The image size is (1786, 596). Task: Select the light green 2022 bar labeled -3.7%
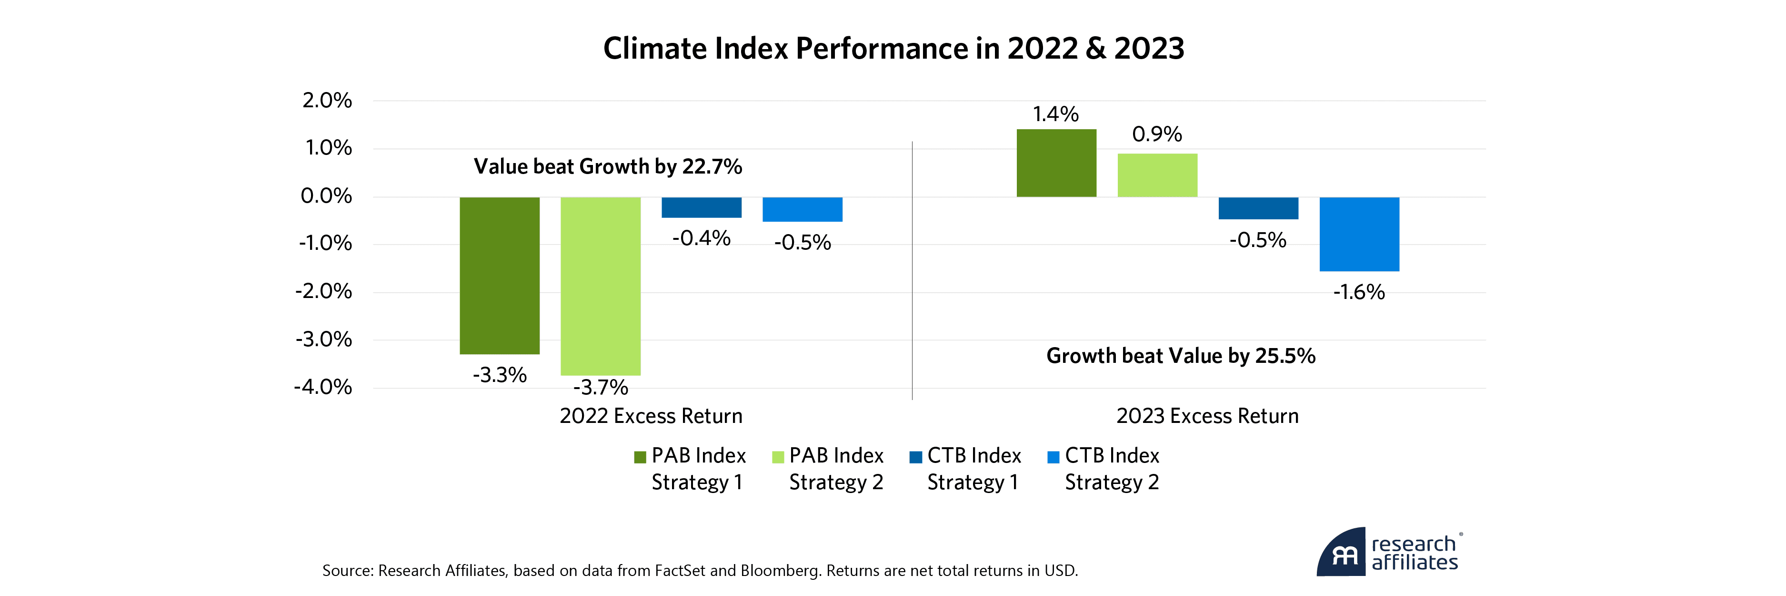[x=601, y=286]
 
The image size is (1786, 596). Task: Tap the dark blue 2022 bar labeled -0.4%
[x=701, y=207]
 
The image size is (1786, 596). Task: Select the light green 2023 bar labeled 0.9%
[x=1157, y=175]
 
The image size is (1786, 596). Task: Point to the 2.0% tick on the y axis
[x=327, y=101]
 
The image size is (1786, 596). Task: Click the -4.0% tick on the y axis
[x=323, y=387]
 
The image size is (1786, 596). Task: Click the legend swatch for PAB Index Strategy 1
[x=640, y=457]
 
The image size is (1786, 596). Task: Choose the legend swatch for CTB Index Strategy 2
[x=1053, y=457]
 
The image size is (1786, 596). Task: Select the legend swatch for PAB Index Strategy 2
[x=778, y=457]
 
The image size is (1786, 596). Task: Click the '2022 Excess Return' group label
[x=651, y=416]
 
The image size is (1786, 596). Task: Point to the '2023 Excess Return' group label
[x=1207, y=416]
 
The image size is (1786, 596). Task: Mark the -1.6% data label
[x=1359, y=292]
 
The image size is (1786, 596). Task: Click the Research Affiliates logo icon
[x=1342, y=554]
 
